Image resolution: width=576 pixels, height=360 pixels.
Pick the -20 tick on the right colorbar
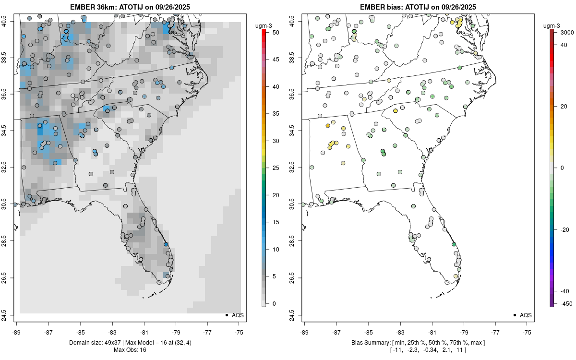(x=564, y=229)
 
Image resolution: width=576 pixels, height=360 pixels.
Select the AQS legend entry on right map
(x=526, y=315)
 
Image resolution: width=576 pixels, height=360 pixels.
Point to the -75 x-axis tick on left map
(x=240, y=331)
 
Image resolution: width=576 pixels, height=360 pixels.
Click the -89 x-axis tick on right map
(x=305, y=331)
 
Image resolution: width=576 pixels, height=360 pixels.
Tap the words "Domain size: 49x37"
(x=96, y=342)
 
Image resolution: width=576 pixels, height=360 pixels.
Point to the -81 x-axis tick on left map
(x=144, y=331)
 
